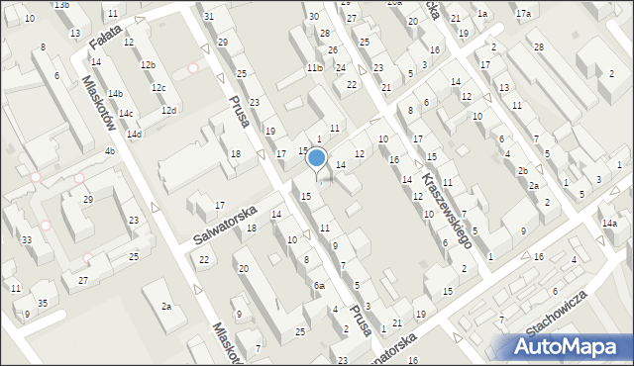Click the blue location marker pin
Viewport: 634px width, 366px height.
click(317, 158)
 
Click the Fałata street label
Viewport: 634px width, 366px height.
click(104, 43)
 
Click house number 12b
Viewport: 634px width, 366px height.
click(148, 65)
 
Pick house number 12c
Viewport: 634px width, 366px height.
click(158, 88)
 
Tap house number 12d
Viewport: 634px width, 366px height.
click(168, 110)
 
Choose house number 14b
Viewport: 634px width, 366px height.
click(115, 94)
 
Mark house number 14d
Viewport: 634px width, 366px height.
click(134, 135)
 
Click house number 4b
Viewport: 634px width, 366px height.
click(110, 151)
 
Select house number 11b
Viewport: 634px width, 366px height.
click(314, 68)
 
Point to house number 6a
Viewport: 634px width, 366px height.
click(319, 285)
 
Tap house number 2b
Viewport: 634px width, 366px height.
click(522, 170)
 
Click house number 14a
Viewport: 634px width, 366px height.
click(608, 225)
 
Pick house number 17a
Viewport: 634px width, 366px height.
click(523, 14)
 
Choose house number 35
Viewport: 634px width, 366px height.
click(42, 303)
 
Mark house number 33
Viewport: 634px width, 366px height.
click(27, 240)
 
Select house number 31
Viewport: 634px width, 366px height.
click(208, 17)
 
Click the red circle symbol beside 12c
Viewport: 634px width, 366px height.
click(193, 69)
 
